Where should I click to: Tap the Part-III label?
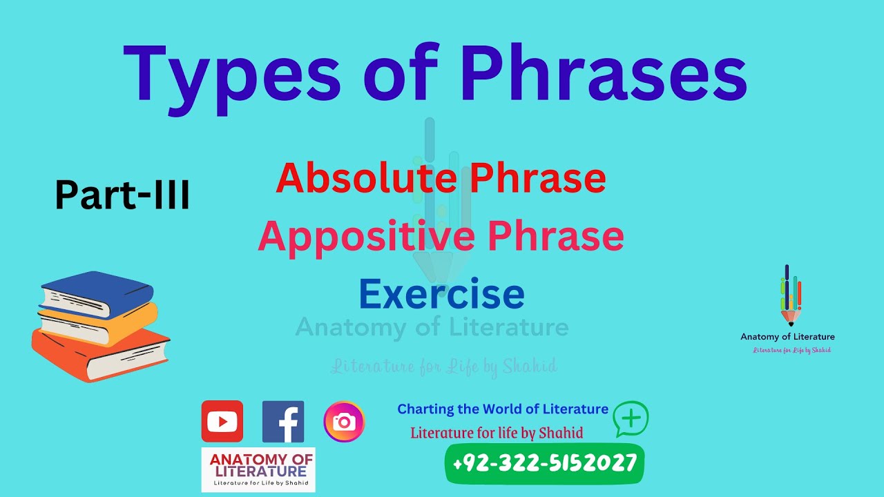point(122,195)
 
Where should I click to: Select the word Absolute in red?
point(363,178)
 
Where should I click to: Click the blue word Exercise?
point(441,293)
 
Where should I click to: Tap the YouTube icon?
point(222,421)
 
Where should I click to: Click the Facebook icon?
point(283,421)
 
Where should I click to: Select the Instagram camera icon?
point(344,422)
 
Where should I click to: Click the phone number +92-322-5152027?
point(545,462)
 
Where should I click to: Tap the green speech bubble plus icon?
point(631,418)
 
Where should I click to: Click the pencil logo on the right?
point(790,295)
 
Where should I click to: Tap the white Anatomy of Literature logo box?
point(258,469)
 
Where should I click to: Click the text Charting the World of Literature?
point(503,409)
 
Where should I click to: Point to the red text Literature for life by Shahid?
point(497,433)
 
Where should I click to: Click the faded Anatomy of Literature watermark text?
point(432,327)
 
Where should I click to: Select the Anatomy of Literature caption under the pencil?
point(787,337)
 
